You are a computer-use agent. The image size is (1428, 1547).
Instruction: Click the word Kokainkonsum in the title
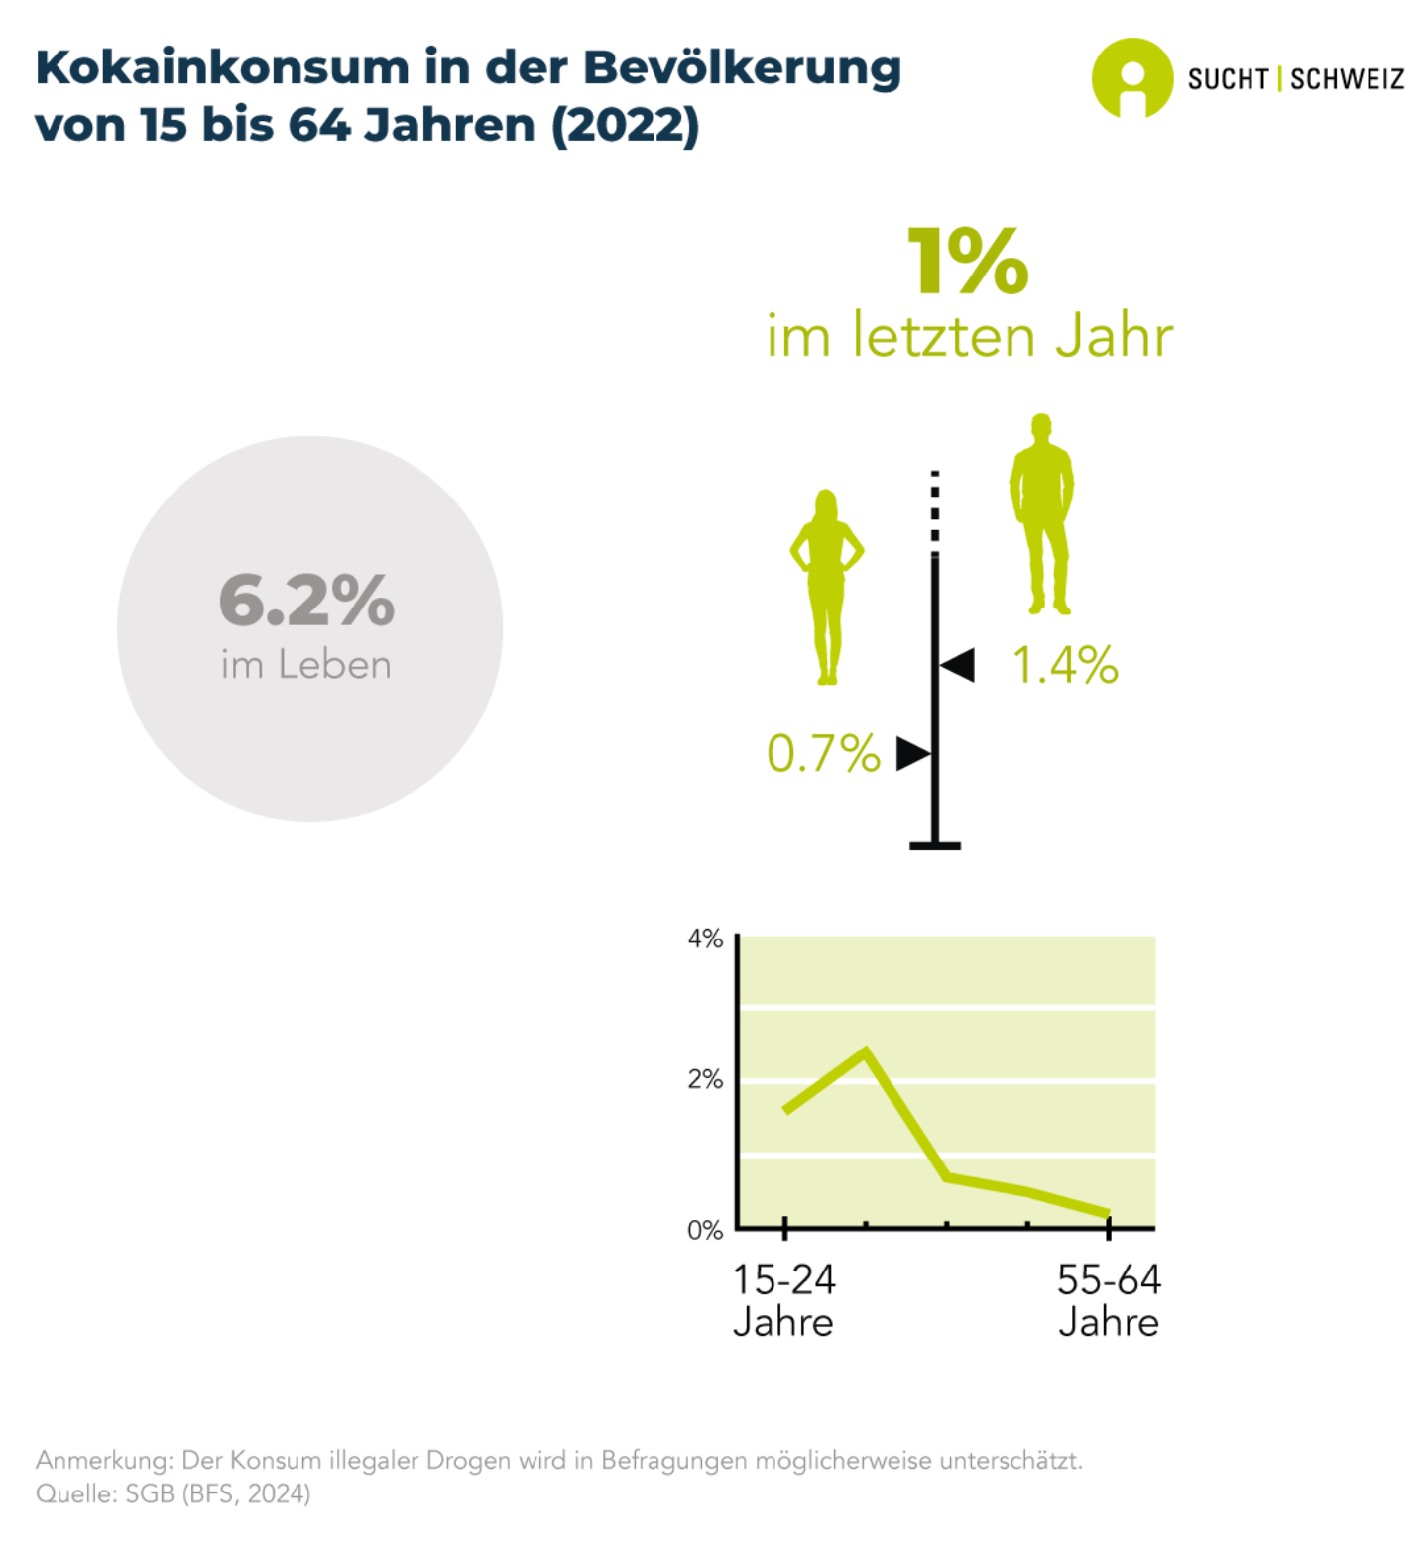[x=221, y=68]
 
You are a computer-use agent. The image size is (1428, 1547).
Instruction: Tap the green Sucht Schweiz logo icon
[x=1131, y=78]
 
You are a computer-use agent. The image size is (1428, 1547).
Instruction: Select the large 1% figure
[x=968, y=262]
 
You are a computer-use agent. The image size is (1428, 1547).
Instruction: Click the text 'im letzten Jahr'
[x=969, y=336]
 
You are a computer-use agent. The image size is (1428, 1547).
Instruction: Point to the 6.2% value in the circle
[x=306, y=601]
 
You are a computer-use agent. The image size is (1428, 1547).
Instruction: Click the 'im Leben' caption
[x=306, y=665]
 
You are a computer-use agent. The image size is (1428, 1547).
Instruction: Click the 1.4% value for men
[x=1065, y=665]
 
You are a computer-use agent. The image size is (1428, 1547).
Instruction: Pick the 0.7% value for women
[x=823, y=754]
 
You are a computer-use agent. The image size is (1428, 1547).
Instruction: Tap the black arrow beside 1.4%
[x=957, y=665]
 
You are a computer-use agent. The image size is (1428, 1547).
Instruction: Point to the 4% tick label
[x=705, y=939]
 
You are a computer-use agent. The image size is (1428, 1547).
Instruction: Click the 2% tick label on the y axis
[x=705, y=1079]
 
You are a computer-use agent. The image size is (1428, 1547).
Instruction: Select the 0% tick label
[x=705, y=1230]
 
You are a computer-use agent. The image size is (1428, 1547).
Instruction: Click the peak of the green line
[x=866, y=1051]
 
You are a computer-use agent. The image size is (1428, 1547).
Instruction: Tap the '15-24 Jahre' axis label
[x=783, y=1301]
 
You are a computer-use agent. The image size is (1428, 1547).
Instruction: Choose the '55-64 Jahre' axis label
[x=1109, y=1301]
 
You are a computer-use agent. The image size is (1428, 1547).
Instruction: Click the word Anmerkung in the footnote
[x=103, y=1460]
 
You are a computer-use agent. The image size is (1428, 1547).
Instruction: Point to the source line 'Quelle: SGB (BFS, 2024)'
[x=174, y=1493]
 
